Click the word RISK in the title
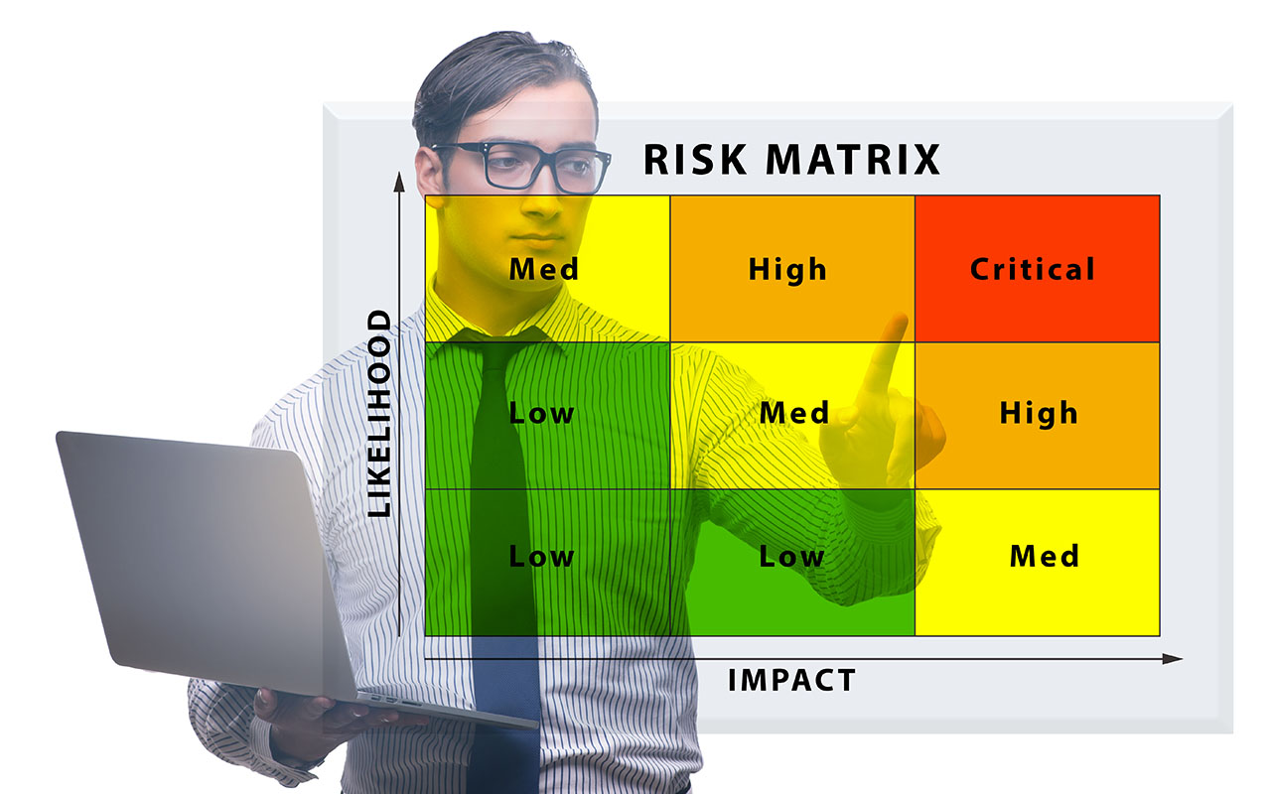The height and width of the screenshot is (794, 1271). pos(695,160)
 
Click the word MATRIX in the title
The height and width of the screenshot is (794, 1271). pos(853,160)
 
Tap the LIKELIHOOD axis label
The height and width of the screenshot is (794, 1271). pos(379,414)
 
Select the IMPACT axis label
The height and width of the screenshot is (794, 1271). pos(791,680)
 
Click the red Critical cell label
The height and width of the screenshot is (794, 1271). pos(1032,269)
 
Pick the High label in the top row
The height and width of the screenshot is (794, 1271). pos(787,270)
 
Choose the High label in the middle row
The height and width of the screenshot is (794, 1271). pos(1039,414)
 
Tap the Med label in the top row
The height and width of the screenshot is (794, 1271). pos(543,269)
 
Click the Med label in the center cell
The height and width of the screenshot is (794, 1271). pos(794,412)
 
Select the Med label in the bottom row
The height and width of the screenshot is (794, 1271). pos(1044,556)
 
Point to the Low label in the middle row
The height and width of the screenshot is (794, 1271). pos(541,413)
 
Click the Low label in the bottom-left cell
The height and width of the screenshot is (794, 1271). pos(541,557)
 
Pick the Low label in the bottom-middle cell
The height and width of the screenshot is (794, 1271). pos(791,557)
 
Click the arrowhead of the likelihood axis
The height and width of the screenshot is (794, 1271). pos(399,182)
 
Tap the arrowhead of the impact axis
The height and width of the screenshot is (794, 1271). pos(1173,658)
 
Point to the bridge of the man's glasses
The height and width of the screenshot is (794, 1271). pos(539,158)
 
